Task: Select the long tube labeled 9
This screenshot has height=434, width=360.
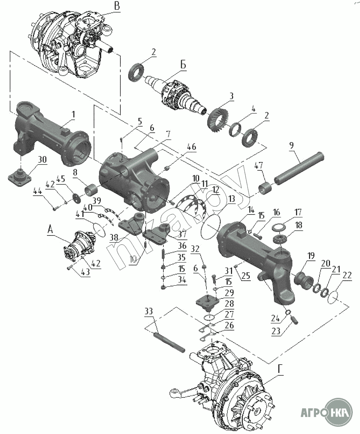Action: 299,168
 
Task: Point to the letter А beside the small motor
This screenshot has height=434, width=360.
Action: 51,229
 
